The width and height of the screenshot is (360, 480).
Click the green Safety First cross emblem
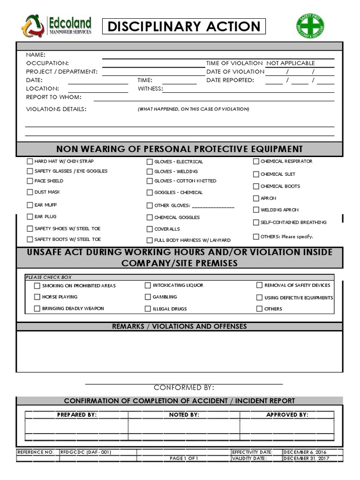[x=310, y=26]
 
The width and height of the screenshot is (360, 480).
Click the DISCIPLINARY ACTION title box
[x=183, y=27]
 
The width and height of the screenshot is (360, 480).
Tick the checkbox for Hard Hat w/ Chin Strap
[x=30, y=161]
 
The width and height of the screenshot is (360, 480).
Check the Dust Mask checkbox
[x=30, y=192]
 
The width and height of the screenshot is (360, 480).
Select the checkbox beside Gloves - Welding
[x=150, y=172]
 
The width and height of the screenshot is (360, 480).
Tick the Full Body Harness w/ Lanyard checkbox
[x=150, y=240]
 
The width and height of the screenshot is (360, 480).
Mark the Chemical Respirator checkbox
[x=256, y=162]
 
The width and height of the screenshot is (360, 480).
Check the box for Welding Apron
[x=256, y=210]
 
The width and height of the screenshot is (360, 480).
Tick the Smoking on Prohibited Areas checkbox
[x=37, y=285]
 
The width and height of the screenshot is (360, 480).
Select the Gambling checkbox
[x=148, y=297]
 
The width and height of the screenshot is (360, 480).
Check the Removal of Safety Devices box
[x=259, y=285]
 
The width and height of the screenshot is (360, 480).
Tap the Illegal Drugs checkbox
[x=148, y=309]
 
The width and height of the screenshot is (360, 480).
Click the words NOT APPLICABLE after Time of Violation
[x=291, y=63]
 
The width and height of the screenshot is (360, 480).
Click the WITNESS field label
[x=150, y=89]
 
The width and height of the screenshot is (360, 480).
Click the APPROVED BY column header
[x=287, y=415]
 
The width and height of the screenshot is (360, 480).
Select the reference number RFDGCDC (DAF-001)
[x=86, y=452]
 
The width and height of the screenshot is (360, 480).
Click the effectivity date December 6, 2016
[x=305, y=452]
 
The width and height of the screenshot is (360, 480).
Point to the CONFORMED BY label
[x=184, y=388]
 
